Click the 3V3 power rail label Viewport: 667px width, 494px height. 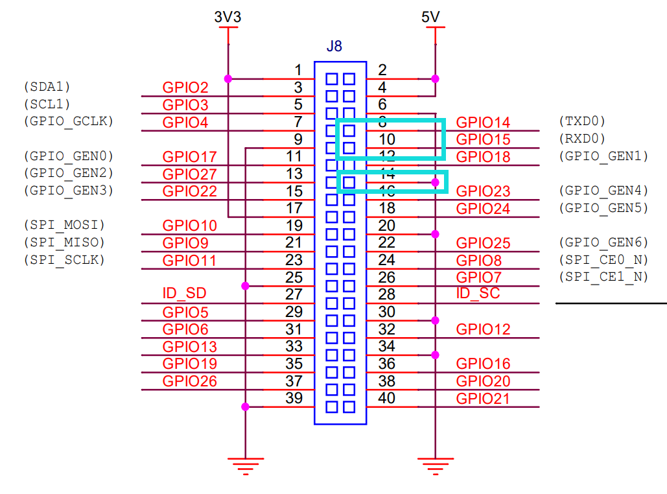tap(228, 18)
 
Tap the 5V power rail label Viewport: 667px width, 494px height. tap(430, 18)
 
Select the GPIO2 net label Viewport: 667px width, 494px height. tap(185, 88)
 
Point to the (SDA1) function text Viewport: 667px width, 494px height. tap(47, 86)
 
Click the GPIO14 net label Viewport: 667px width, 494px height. tap(483, 123)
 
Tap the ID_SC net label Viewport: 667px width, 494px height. tap(478, 293)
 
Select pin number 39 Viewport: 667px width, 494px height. tap(294, 397)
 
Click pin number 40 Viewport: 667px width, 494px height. tap(387, 397)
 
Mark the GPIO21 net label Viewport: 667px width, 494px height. tap(483, 398)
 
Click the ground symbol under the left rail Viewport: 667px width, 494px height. tap(245, 465)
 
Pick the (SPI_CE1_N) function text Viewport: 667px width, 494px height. tap(603, 276)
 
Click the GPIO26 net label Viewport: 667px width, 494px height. tap(189, 381)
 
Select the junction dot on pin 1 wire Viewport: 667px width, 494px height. tap(228, 78)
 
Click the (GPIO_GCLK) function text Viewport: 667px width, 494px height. tap(68, 120)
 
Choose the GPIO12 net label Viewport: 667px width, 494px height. tap(483, 329)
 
